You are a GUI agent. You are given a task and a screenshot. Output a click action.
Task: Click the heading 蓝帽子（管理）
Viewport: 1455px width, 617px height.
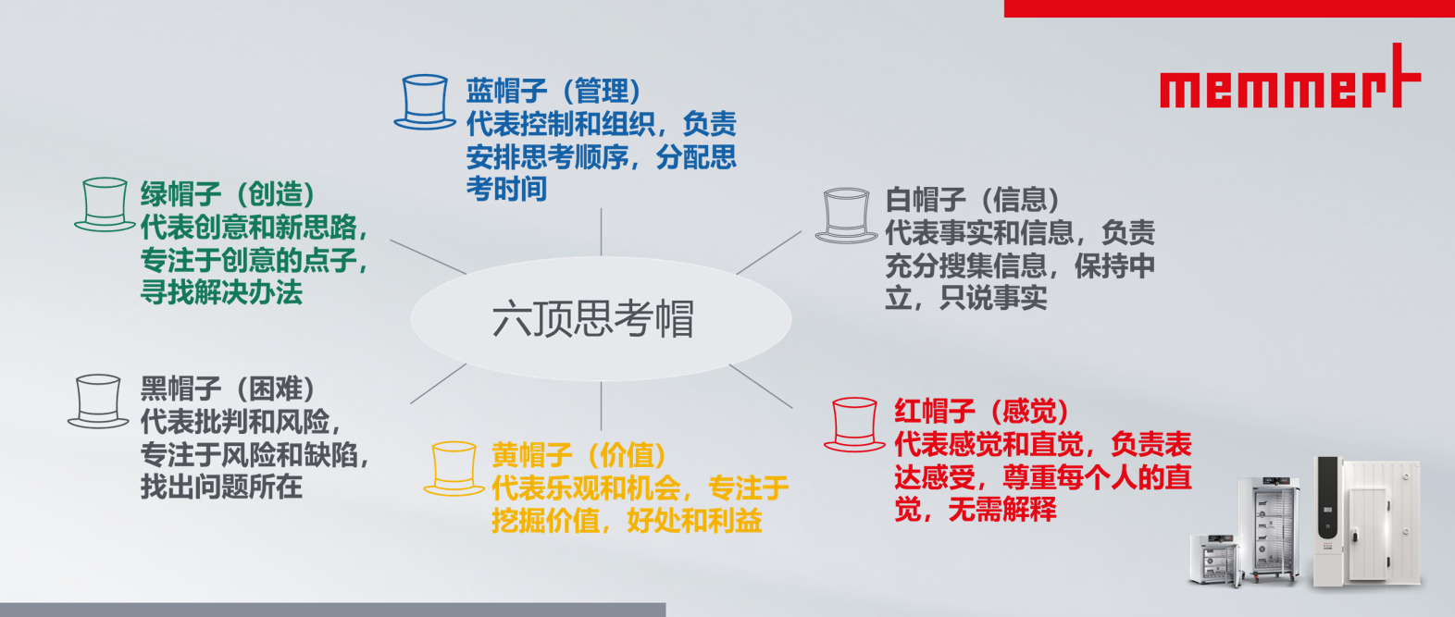click(x=553, y=91)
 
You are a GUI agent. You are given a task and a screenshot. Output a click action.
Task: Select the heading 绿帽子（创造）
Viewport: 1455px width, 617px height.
click(x=228, y=193)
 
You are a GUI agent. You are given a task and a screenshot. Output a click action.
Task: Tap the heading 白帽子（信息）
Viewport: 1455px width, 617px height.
click(x=973, y=199)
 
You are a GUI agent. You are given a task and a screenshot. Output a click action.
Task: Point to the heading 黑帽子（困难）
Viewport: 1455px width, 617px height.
click(x=228, y=389)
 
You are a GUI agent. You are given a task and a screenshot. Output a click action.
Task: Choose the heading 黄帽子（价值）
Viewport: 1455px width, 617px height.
click(x=579, y=454)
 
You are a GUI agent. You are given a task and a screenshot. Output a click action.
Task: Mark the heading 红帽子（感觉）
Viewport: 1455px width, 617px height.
click(x=982, y=411)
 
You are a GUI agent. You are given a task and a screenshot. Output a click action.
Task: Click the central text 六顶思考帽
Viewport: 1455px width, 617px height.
click(x=593, y=319)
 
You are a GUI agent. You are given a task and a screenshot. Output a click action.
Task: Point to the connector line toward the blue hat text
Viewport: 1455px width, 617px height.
click(x=601, y=232)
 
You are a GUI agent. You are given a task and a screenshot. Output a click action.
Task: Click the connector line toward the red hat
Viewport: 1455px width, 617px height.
click(x=761, y=386)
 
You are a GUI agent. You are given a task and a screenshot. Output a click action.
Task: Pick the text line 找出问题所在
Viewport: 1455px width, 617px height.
click(x=221, y=487)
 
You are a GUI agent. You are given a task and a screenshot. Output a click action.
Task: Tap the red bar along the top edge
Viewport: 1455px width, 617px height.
click(x=1229, y=8)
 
